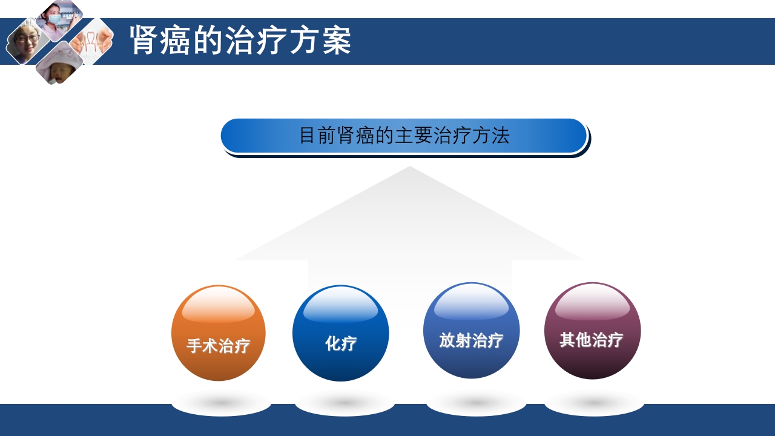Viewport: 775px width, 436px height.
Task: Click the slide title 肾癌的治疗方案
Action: point(240,41)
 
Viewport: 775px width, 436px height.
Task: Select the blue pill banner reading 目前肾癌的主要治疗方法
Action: point(404,136)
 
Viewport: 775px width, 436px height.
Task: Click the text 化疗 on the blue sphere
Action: point(341,343)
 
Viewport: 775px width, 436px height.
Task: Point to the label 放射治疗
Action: point(471,340)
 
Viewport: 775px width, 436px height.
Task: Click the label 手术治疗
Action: point(219,346)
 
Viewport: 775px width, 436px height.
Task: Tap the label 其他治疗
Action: point(592,340)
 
